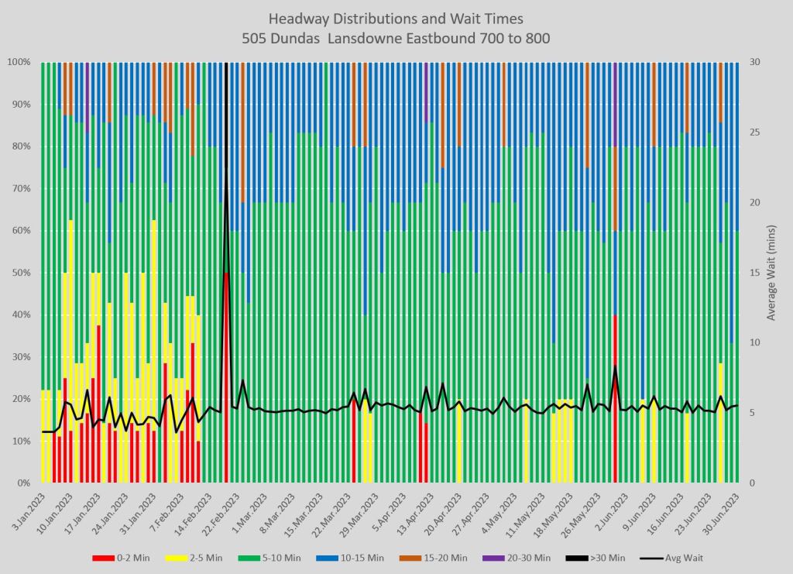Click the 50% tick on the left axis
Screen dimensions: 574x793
[19, 273]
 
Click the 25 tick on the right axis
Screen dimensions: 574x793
[754, 132]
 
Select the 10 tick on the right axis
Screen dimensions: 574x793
[754, 343]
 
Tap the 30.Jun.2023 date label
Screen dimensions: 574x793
[723, 507]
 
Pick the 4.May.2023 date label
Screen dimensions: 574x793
[496, 507]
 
